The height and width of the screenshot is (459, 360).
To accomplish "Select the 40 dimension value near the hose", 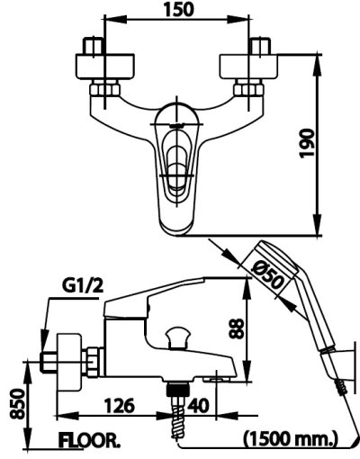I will pos(201,406).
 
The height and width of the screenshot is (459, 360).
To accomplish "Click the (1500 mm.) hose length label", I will pos(289,440).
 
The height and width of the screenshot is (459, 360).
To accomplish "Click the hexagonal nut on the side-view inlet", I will pos(91,360).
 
